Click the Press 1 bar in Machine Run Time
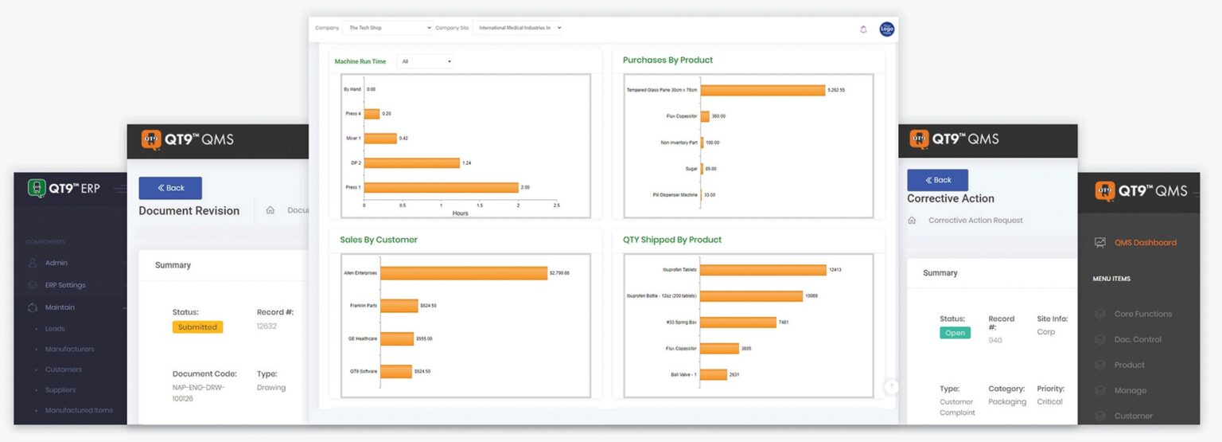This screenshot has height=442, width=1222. [x=441, y=187]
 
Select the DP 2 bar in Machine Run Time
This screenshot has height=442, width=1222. [x=411, y=162]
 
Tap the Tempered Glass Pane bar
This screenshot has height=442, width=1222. [x=762, y=90]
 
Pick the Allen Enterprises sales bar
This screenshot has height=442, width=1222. [x=463, y=273]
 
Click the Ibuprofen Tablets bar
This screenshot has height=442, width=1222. [x=762, y=270]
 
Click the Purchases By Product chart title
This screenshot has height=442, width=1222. [x=667, y=60]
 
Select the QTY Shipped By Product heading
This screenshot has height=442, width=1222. [x=671, y=240]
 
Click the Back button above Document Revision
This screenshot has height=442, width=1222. [x=170, y=188]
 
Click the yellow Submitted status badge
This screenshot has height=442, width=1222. [x=197, y=327]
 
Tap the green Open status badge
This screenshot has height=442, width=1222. [x=955, y=333]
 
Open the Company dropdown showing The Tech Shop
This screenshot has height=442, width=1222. [x=387, y=28]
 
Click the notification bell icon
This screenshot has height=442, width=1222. [x=863, y=29]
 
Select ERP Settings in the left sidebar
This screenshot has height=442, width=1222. [x=65, y=285]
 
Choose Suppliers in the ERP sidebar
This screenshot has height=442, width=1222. [x=60, y=390]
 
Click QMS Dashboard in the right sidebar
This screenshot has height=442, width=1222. [x=1145, y=243]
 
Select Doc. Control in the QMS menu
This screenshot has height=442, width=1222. [x=1138, y=339]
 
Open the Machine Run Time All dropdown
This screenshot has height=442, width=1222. [x=426, y=61]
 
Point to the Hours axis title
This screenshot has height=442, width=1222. [x=460, y=213]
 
